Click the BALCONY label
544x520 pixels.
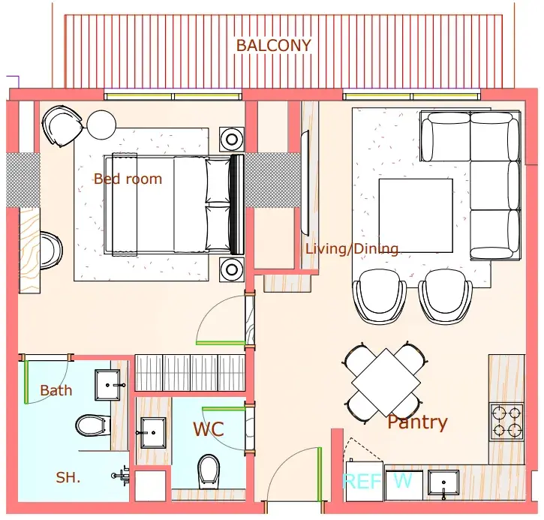273,46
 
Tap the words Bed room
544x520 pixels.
128,179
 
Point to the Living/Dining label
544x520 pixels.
352,249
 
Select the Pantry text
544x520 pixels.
417,422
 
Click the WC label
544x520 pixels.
209,429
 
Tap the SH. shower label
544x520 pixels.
68,478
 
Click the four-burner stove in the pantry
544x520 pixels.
506,422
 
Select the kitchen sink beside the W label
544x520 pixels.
443,483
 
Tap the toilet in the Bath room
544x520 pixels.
90,425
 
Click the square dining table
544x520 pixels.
386,382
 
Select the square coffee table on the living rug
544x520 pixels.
416,215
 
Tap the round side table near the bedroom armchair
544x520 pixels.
101,125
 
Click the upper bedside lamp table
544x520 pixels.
232,140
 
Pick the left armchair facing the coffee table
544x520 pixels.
379,296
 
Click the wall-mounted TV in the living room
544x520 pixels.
305,183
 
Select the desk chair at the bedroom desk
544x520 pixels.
51,251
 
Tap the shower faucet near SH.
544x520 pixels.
121,476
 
